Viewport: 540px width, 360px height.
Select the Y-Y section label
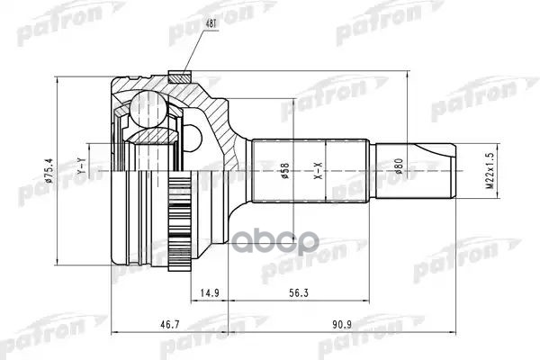pos(82,166)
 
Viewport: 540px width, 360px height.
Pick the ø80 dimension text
pos(399,167)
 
